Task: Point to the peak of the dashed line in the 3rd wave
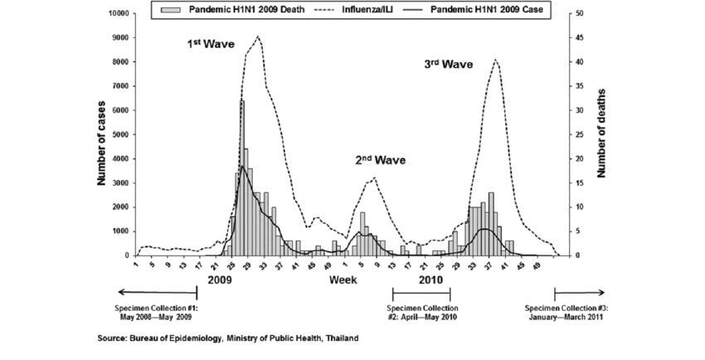(x=495, y=61)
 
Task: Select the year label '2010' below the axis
(x=430, y=280)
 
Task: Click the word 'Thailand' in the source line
(x=341, y=338)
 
